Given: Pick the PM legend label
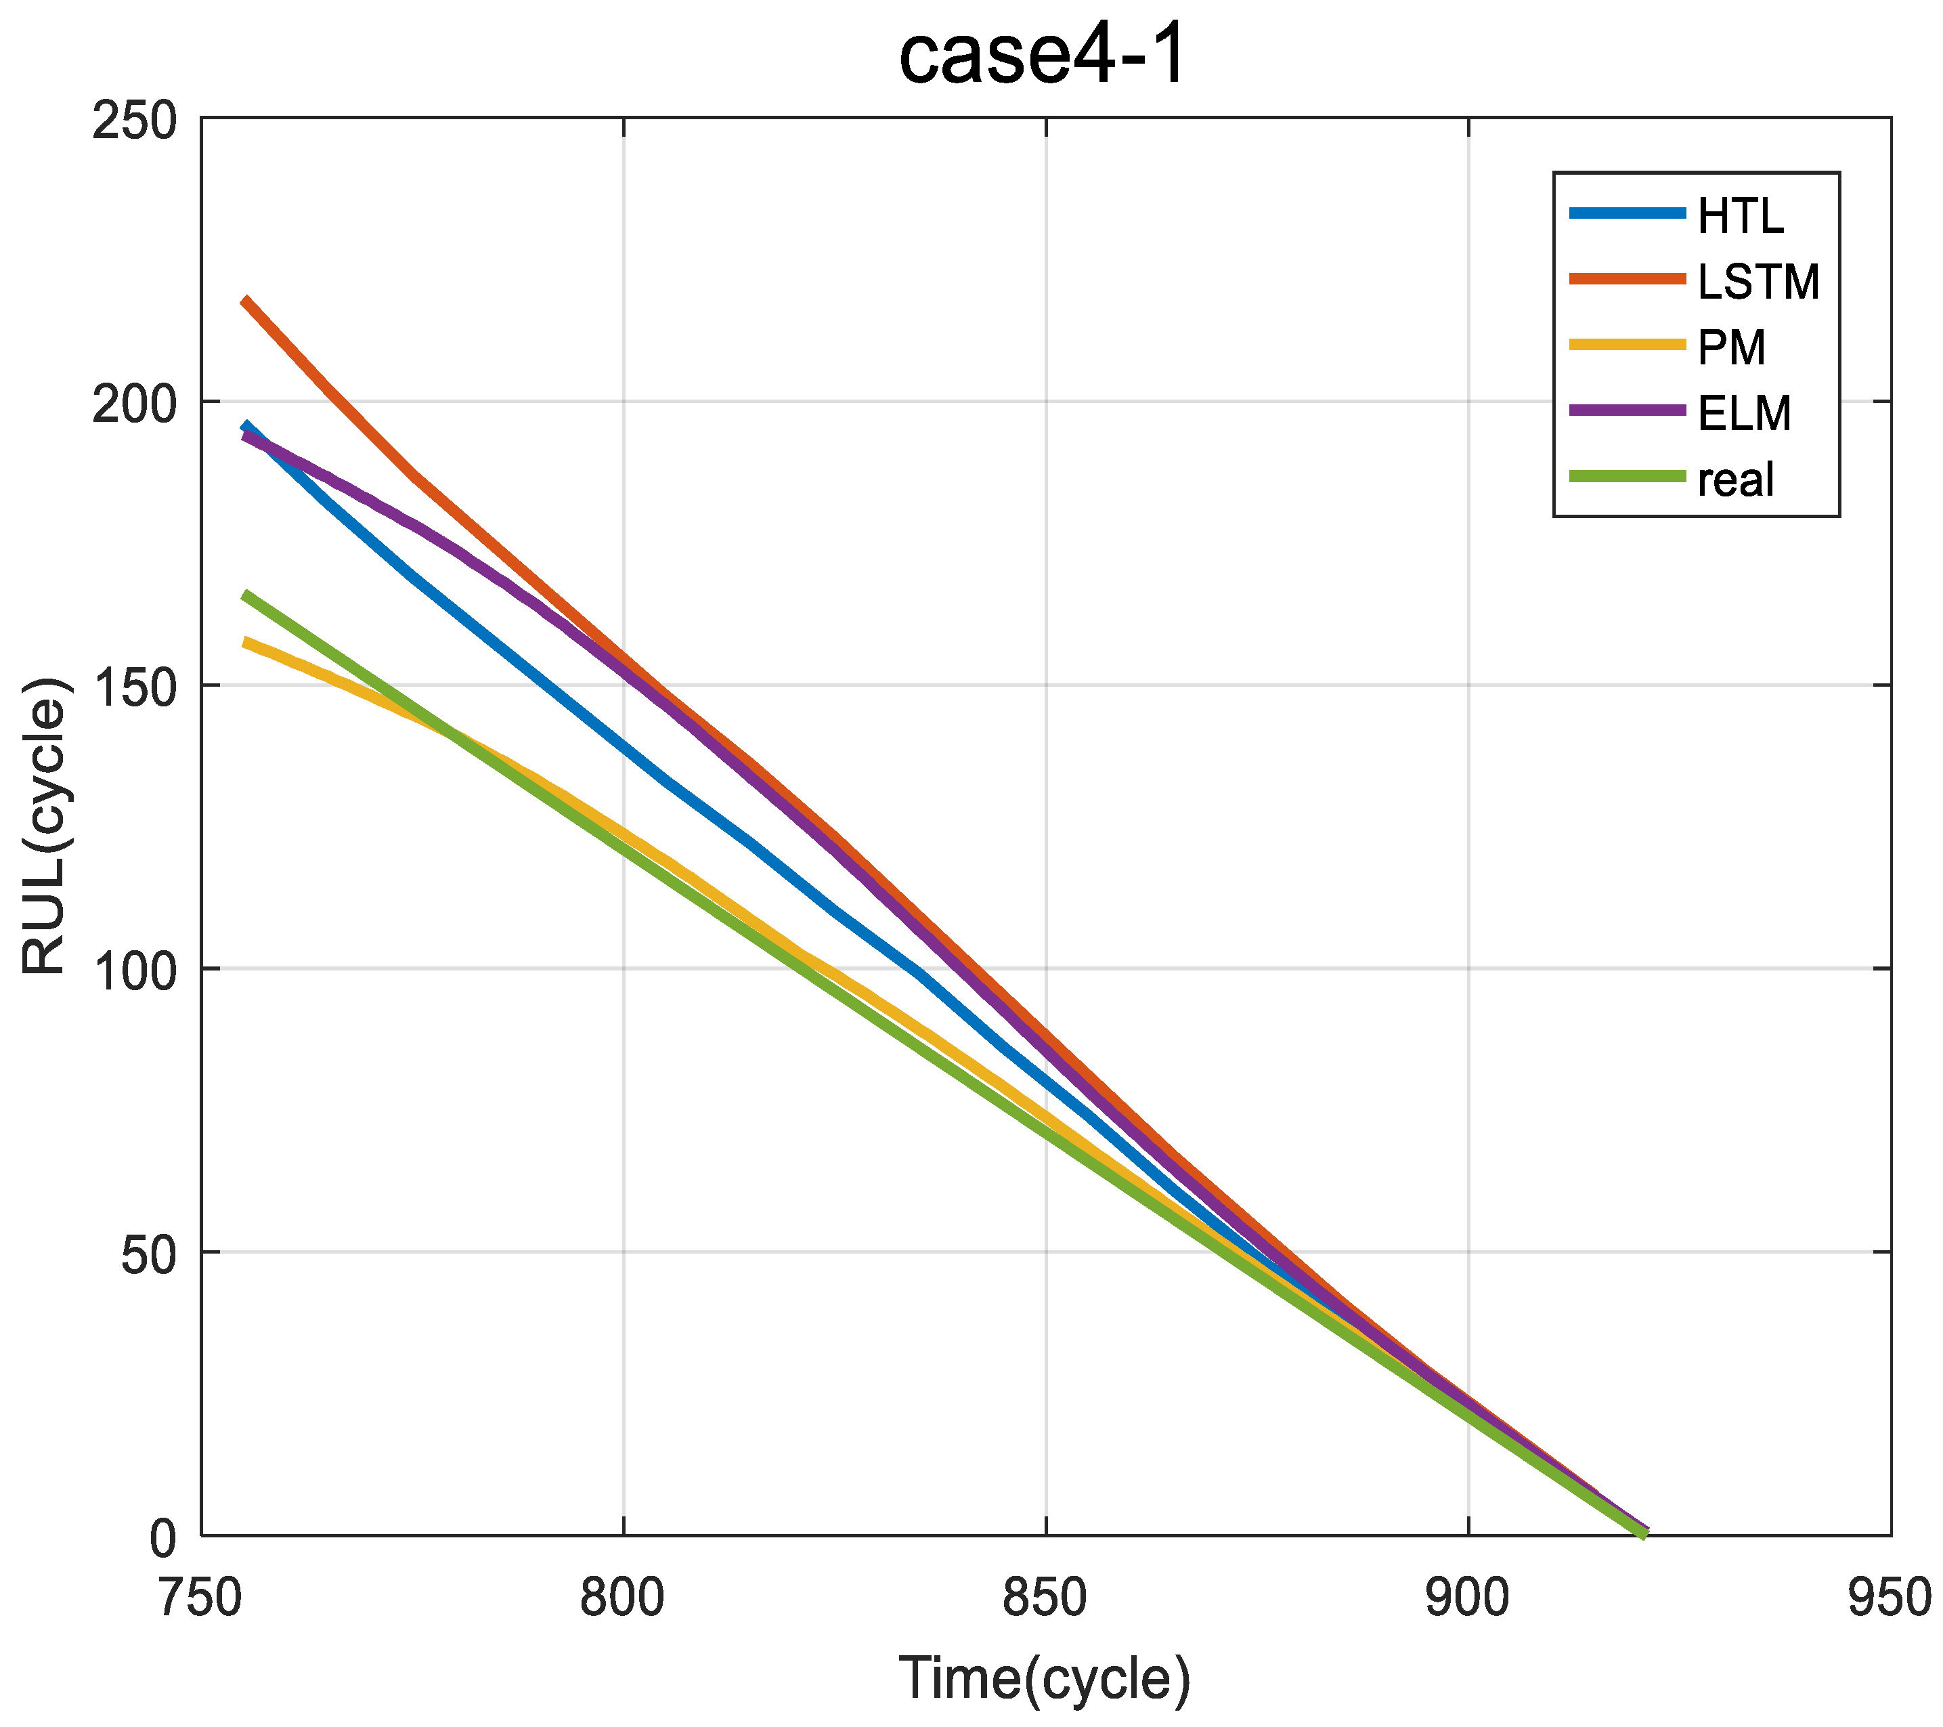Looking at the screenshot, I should [x=1731, y=348].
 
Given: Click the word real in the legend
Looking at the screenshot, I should [x=1736, y=479].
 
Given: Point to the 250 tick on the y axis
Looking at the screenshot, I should [x=135, y=122].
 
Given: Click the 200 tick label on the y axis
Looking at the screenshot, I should [x=135, y=405].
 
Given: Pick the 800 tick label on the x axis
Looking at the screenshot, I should [x=623, y=1598].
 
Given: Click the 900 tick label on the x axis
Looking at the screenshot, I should [x=1468, y=1598].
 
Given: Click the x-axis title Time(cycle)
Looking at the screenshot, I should [x=1044, y=1678].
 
